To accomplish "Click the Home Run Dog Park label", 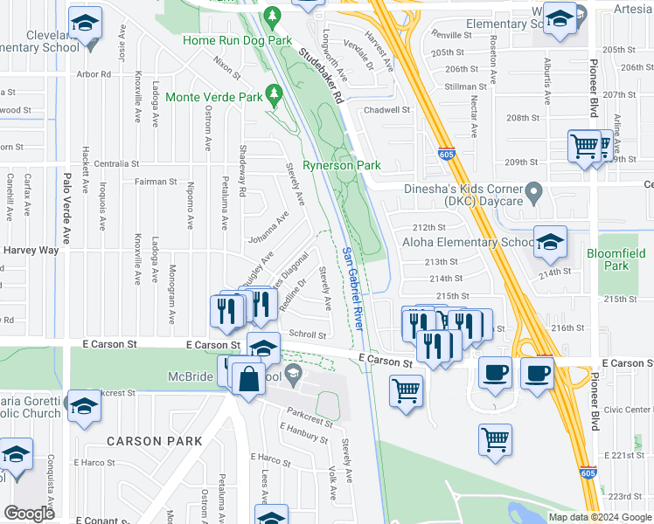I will click(237, 40).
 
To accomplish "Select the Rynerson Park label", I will click(342, 164).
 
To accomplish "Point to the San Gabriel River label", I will click(353, 289).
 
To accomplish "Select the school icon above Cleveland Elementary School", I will click(86, 24).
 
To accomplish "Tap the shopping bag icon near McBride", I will click(248, 380).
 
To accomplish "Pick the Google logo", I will click(30, 514).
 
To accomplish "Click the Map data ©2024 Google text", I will click(599, 517).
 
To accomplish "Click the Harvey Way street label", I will click(31, 250).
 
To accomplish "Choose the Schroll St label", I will click(307, 334).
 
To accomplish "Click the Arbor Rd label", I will click(94, 75).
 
